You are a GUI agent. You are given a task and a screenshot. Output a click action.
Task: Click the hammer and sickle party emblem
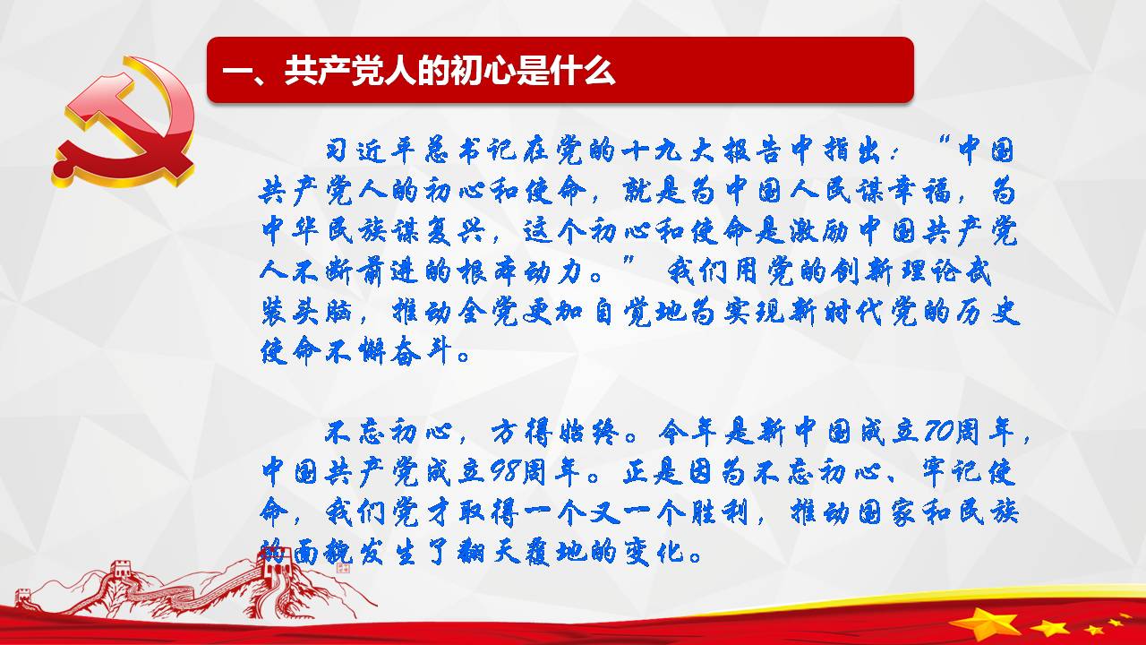pyautogui.click(x=124, y=122)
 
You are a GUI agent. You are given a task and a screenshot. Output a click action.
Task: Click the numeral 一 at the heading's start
pyautogui.click(x=235, y=71)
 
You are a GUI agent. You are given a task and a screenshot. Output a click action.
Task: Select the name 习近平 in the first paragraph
pyautogui.click(x=371, y=150)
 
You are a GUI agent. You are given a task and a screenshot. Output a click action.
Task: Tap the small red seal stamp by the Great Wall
pyautogui.click(x=343, y=567)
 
